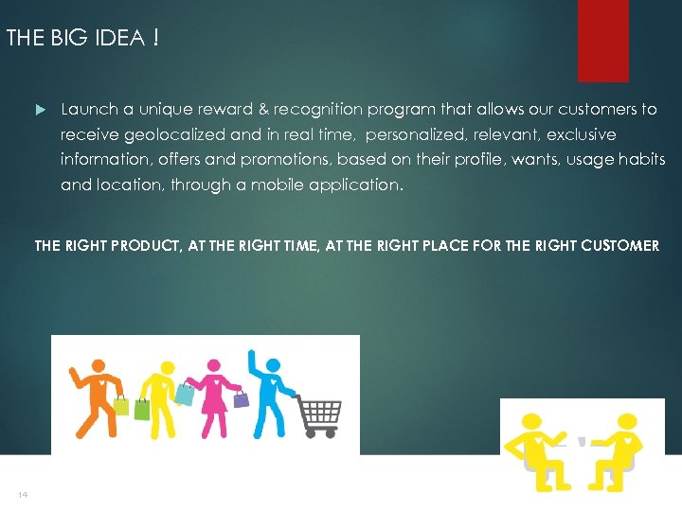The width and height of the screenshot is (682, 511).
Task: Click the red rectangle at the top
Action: pyautogui.click(x=603, y=40)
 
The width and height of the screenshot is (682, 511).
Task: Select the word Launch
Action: pyautogui.click(x=89, y=110)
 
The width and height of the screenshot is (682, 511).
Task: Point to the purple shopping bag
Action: pyautogui.click(x=241, y=398)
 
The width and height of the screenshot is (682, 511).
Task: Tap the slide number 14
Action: pyautogui.click(x=21, y=495)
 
